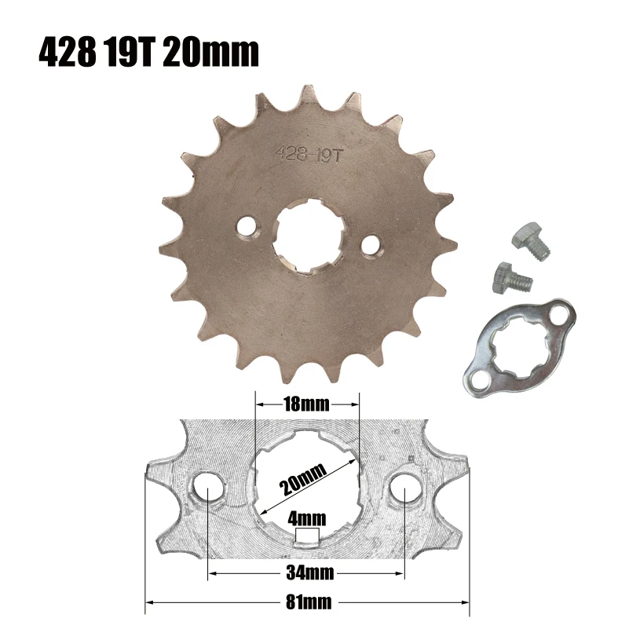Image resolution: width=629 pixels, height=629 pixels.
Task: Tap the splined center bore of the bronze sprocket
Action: point(307,235)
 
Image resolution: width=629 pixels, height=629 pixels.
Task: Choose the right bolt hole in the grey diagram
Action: point(404,493)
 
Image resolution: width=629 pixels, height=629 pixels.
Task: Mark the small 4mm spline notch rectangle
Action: point(307,536)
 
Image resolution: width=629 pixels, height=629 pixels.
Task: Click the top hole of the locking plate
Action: point(560,316)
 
